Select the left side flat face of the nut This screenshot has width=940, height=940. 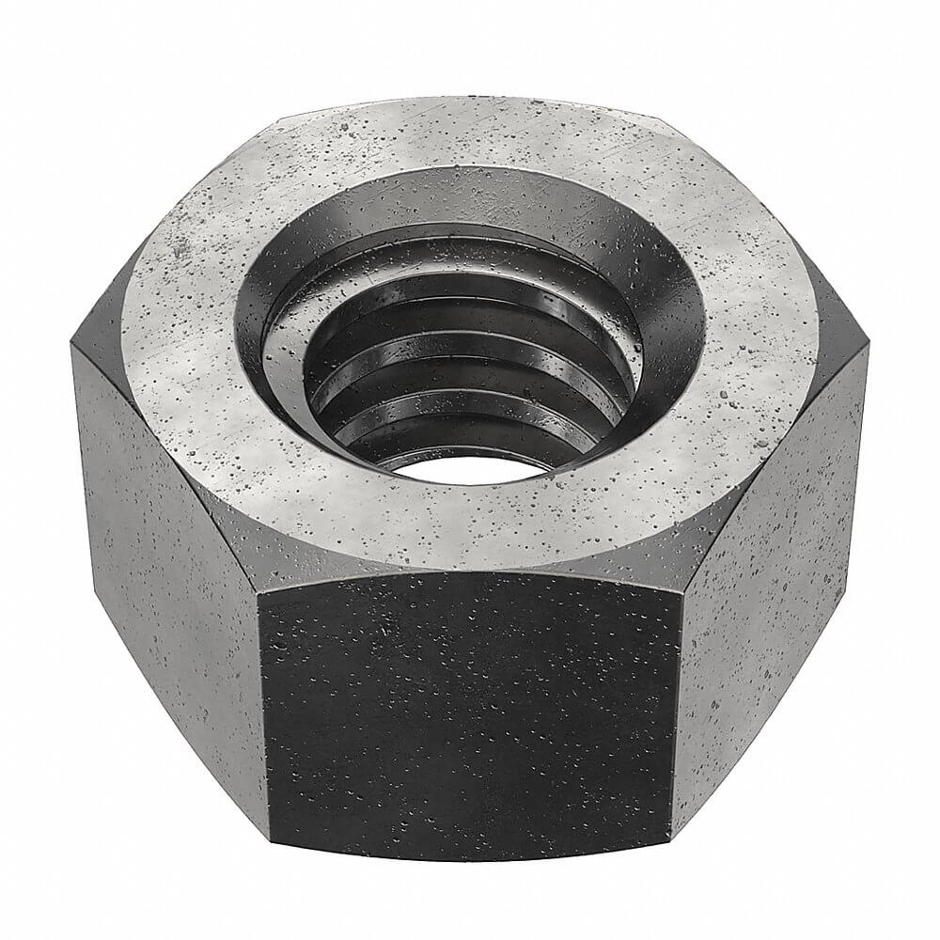tap(164, 564)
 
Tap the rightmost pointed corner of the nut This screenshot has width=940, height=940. tap(867, 348)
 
